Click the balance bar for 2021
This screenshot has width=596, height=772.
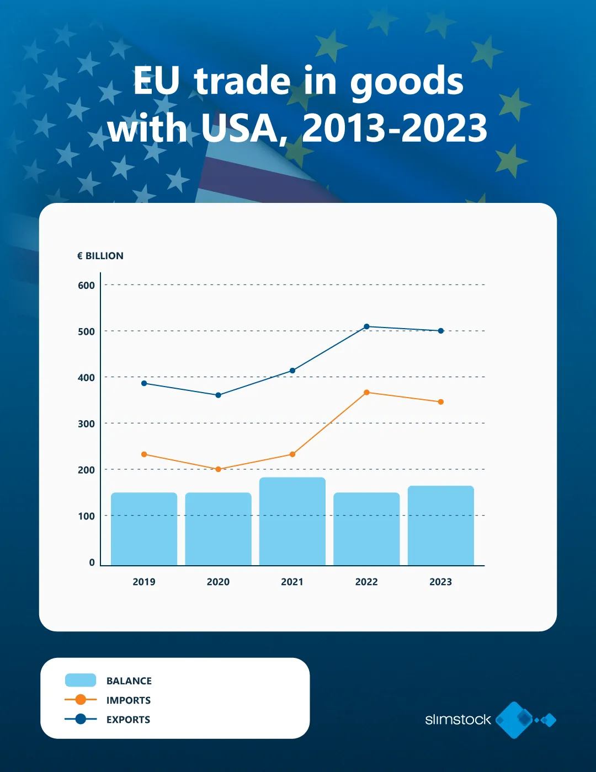point(292,521)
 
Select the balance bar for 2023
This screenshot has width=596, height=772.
point(440,526)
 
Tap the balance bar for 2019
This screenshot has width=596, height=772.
point(144,529)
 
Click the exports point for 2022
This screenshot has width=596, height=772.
point(366,326)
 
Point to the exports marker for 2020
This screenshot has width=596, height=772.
point(218,395)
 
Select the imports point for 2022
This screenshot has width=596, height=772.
point(366,393)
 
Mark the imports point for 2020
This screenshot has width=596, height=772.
point(218,469)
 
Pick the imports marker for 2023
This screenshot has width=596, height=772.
point(440,402)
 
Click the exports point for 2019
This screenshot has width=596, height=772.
point(144,383)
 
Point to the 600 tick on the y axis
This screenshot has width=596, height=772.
point(86,285)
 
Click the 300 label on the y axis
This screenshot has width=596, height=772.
point(86,423)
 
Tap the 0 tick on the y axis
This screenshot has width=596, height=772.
point(92,562)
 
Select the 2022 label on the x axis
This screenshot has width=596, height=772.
point(366,582)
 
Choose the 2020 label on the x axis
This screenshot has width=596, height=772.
point(218,582)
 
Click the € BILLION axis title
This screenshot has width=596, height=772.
point(100,256)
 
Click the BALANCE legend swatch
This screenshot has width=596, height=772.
point(81,680)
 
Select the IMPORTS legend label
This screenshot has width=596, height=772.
point(129,700)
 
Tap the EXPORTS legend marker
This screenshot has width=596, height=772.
point(81,719)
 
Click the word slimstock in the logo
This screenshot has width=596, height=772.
point(457,720)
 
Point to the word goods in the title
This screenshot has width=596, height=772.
point(407,81)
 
